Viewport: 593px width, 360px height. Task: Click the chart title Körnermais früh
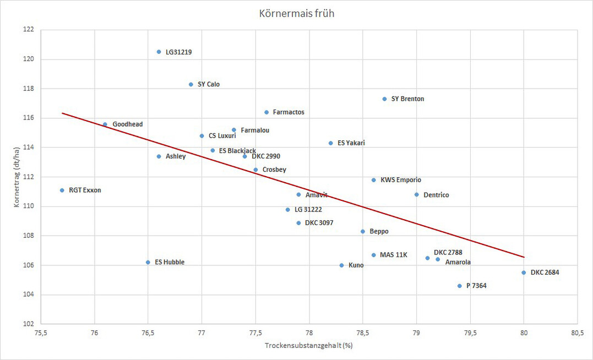296,13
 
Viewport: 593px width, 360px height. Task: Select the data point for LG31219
159,52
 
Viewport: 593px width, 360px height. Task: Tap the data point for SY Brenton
384,99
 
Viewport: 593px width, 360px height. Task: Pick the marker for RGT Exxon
62,190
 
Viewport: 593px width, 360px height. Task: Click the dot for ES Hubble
148,263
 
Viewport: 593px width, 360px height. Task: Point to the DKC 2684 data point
524,272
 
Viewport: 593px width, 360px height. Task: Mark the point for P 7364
459,286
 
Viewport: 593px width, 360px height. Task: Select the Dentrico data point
416,195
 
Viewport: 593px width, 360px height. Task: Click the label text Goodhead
127,124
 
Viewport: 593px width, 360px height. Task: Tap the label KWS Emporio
400,180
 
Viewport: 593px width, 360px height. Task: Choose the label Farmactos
289,112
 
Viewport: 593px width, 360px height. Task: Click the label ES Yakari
351,143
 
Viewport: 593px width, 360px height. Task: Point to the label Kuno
356,265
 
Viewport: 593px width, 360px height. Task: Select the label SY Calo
209,84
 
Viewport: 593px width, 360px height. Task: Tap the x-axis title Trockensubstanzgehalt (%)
308,346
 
